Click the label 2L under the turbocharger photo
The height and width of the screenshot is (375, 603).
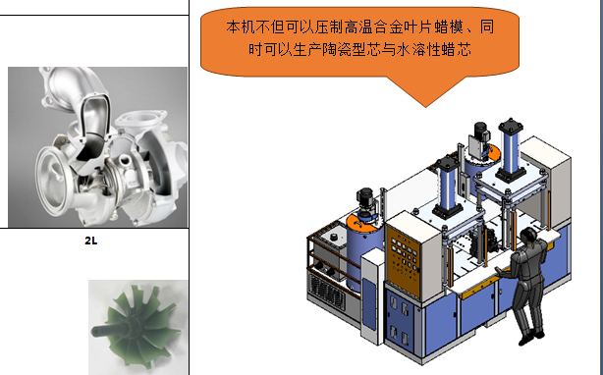90,241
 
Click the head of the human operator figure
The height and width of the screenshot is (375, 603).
528,235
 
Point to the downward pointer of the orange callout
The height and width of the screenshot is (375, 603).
425,92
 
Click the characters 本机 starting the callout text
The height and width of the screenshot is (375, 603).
241,27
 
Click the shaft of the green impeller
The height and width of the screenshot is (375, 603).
105,331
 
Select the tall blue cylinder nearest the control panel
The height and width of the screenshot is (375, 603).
448,187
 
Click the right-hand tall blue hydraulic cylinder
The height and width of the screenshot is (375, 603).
511,149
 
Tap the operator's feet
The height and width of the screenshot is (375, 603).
531,336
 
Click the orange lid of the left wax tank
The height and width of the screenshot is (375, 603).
363,222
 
